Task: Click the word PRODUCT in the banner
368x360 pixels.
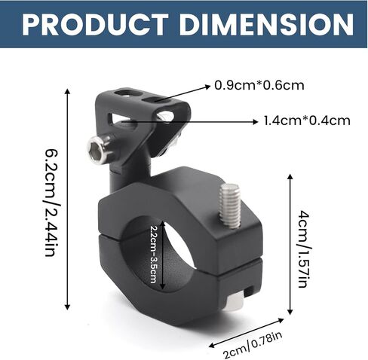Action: pyautogui.click(x=96, y=24)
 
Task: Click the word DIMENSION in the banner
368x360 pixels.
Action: pyautogui.click(x=266, y=24)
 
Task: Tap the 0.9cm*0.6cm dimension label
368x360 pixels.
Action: pyautogui.click(x=259, y=85)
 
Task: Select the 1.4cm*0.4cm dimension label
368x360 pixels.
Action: pyautogui.click(x=307, y=121)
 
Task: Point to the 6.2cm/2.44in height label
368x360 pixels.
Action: pyautogui.click(x=53, y=203)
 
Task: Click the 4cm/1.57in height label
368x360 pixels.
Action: pyautogui.click(x=303, y=249)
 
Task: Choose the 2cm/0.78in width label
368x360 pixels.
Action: pyautogui.click(x=253, y=345)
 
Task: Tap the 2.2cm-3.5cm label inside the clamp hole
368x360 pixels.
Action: pyautogui.click(x=154, y=255)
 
